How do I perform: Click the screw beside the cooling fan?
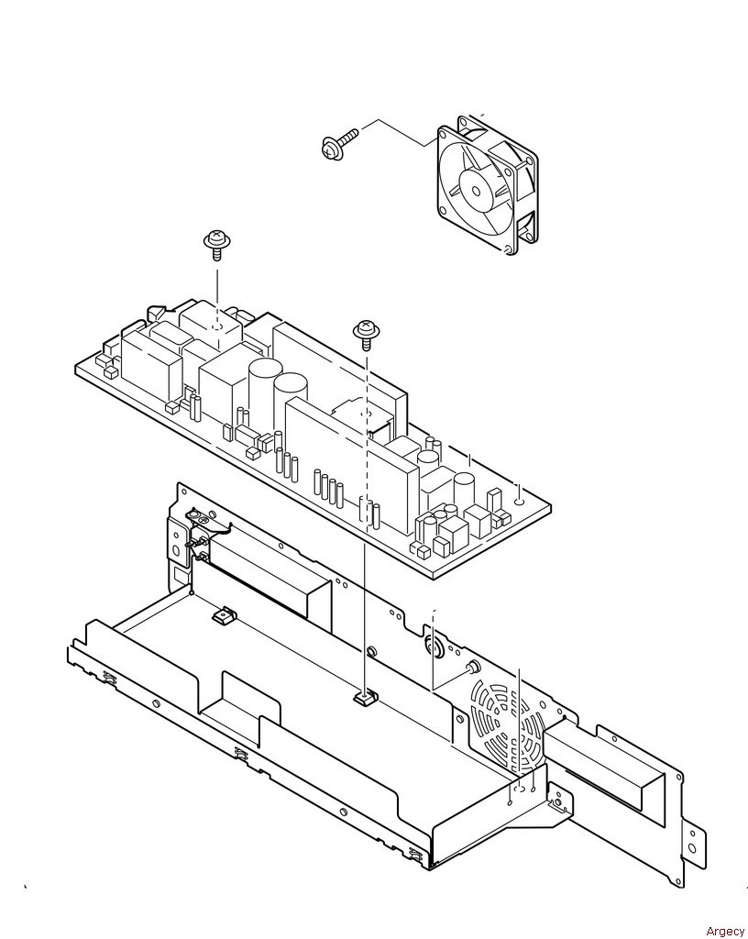(334, 147)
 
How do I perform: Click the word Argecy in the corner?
(725, 931)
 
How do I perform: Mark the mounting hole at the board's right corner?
(520, 501)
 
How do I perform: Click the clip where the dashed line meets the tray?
(365, 700)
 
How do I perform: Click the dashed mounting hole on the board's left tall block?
(216, 327)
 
